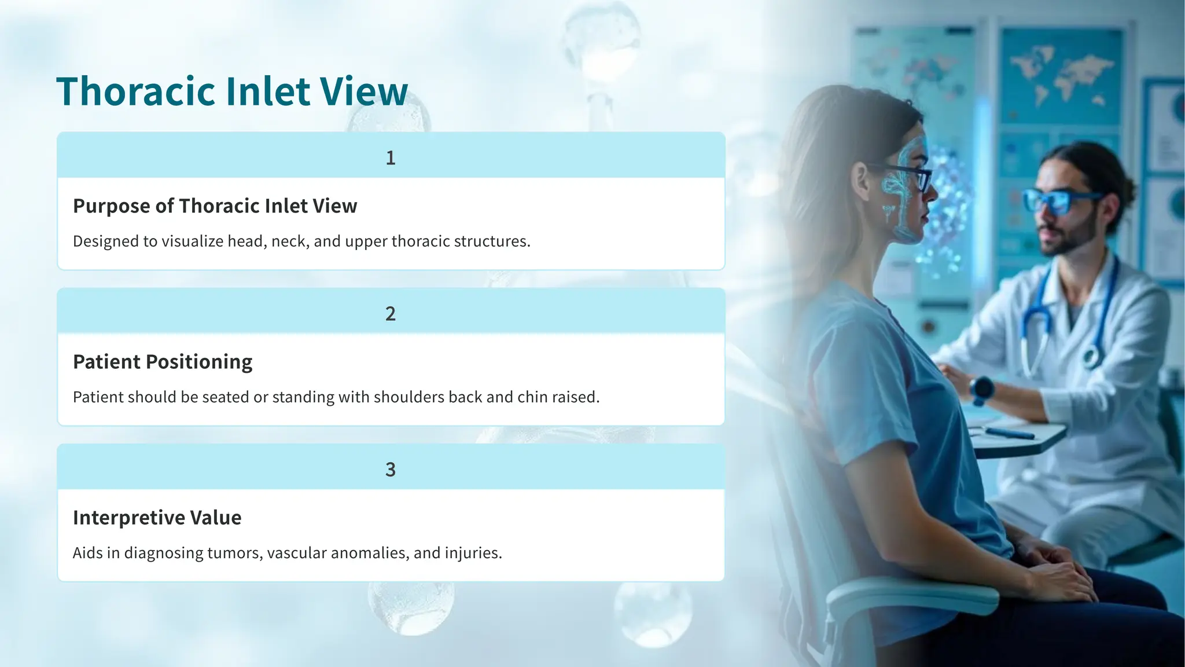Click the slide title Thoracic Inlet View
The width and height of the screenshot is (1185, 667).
point(232,91)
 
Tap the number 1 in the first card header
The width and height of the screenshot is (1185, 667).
point(391,158)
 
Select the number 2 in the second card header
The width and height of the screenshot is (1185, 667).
point(391,314)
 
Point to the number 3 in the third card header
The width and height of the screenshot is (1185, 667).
point(391,470)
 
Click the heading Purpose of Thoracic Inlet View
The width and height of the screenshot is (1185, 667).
point(215,206)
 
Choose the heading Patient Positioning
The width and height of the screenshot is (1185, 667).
point(163,362)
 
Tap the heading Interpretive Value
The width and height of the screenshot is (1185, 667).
point(157,518)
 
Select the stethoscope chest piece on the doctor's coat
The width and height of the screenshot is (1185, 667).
point(1091,356)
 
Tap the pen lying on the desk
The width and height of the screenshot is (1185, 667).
point(1010,433)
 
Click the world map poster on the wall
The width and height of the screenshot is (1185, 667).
point(1062,75)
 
